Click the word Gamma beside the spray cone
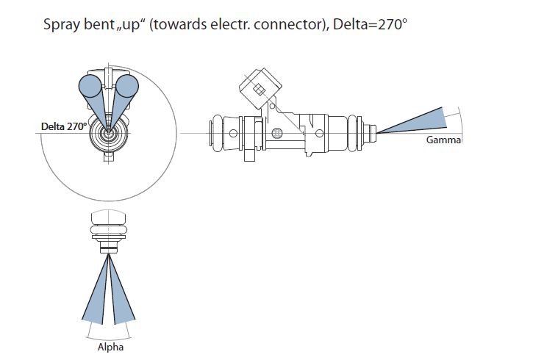(443, 140)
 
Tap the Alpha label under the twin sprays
(110, 347)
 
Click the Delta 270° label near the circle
(64, 126)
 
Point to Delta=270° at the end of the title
(370, 25)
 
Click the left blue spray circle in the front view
(90, 87)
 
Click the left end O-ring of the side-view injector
(217, 132)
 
